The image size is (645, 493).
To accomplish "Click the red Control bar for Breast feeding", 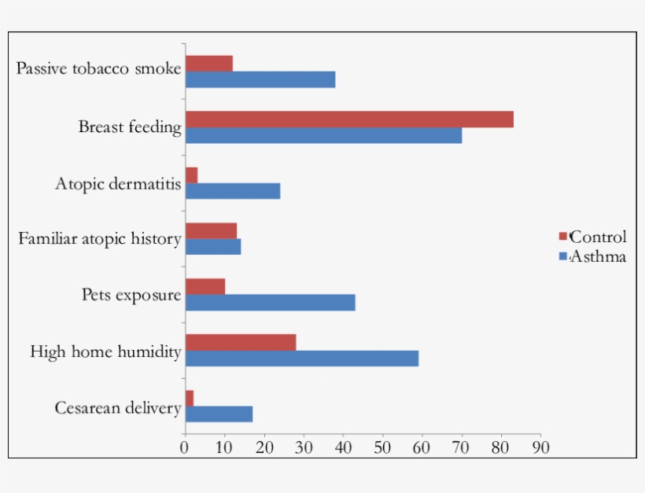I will point(348,119).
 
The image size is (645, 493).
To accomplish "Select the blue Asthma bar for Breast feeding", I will point(323,135).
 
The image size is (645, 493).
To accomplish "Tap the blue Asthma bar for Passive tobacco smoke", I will point(260,79).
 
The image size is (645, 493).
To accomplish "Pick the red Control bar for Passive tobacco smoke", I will point(209,64).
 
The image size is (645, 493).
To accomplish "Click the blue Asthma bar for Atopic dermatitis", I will point(233,191).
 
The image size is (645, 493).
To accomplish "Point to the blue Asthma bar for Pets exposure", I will point(270,302).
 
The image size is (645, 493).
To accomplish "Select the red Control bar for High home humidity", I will point(241,342).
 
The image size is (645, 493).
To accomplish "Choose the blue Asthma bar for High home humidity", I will point(301,359).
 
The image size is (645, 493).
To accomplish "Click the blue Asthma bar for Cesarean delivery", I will point(219,414).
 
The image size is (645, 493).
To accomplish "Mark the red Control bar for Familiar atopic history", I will point(211,230).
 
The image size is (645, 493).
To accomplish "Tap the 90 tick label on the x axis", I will point(540,447).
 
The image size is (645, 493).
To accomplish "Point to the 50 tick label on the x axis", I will point(382,447).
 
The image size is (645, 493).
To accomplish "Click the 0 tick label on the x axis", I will point(185,447).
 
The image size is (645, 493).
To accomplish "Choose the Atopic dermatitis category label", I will point(118,184).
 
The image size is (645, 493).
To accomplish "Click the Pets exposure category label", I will point(131,296).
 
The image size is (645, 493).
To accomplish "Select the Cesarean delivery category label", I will point(118,407).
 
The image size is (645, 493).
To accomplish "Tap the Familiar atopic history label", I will point(100,238).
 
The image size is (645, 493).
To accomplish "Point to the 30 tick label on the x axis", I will point(304,447).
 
